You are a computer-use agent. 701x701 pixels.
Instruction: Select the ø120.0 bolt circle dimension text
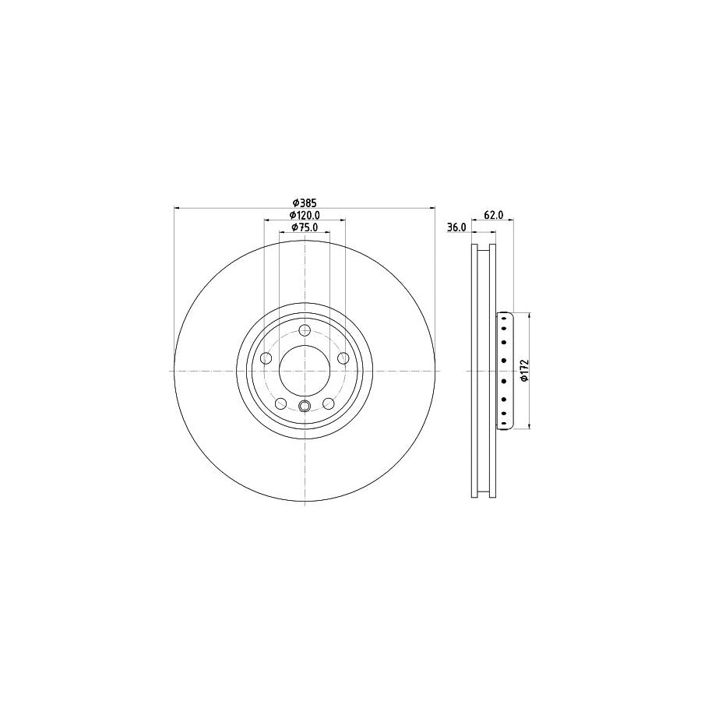tap(305, 215)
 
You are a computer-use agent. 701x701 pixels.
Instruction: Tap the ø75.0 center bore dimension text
tap(305, 227)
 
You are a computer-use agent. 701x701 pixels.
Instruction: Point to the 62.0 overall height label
tap(494, 215)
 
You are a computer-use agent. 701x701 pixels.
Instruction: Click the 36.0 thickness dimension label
tap(456, 227)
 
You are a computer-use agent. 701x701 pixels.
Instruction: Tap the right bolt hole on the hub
tap(343, 358)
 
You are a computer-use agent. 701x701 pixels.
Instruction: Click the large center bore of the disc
tap(304, 371)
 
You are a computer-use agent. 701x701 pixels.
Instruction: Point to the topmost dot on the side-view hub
tap(505, 317)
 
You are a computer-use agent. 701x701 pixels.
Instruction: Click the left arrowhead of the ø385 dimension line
tap(175, 208)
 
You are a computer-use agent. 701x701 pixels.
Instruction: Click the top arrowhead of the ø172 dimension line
tap(530, 315)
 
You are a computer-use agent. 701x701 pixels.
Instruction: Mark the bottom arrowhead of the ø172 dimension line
tap(530, 426)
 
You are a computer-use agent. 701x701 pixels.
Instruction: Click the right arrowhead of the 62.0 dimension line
tap(511, 221)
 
